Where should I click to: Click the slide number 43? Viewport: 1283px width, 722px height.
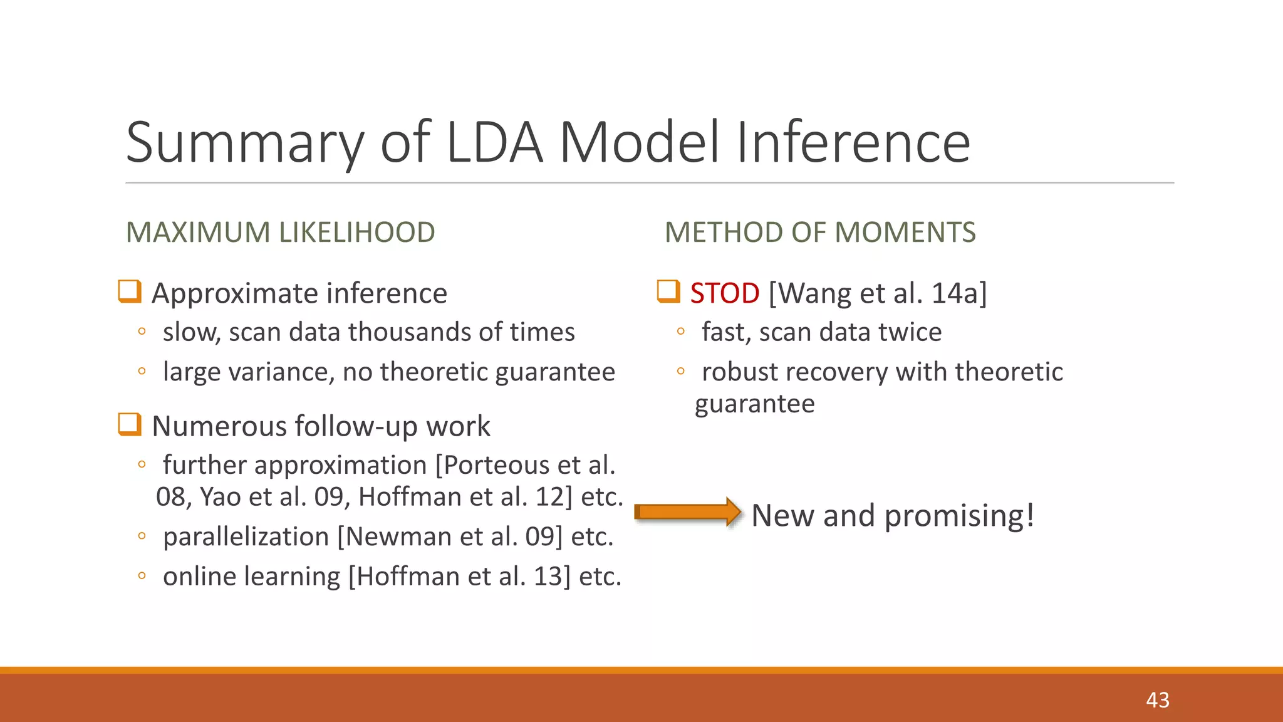1158,700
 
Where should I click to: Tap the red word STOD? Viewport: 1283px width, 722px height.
725,293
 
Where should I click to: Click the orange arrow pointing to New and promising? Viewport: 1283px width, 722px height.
688,512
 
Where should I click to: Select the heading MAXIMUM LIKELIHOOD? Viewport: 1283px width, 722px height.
280,233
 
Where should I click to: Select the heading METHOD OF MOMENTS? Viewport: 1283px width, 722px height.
819,233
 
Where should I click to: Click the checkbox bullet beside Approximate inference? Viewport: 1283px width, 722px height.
130,291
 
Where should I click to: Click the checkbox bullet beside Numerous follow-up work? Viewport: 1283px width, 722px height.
130,424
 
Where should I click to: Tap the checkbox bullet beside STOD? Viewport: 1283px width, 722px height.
668,291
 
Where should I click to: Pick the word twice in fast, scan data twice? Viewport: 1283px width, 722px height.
910,332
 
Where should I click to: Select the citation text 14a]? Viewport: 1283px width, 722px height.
959,293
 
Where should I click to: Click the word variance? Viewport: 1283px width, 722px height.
278,372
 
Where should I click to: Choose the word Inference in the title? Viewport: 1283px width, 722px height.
853,143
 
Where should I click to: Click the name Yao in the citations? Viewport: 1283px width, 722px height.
221,497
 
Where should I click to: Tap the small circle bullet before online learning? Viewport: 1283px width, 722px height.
142,575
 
